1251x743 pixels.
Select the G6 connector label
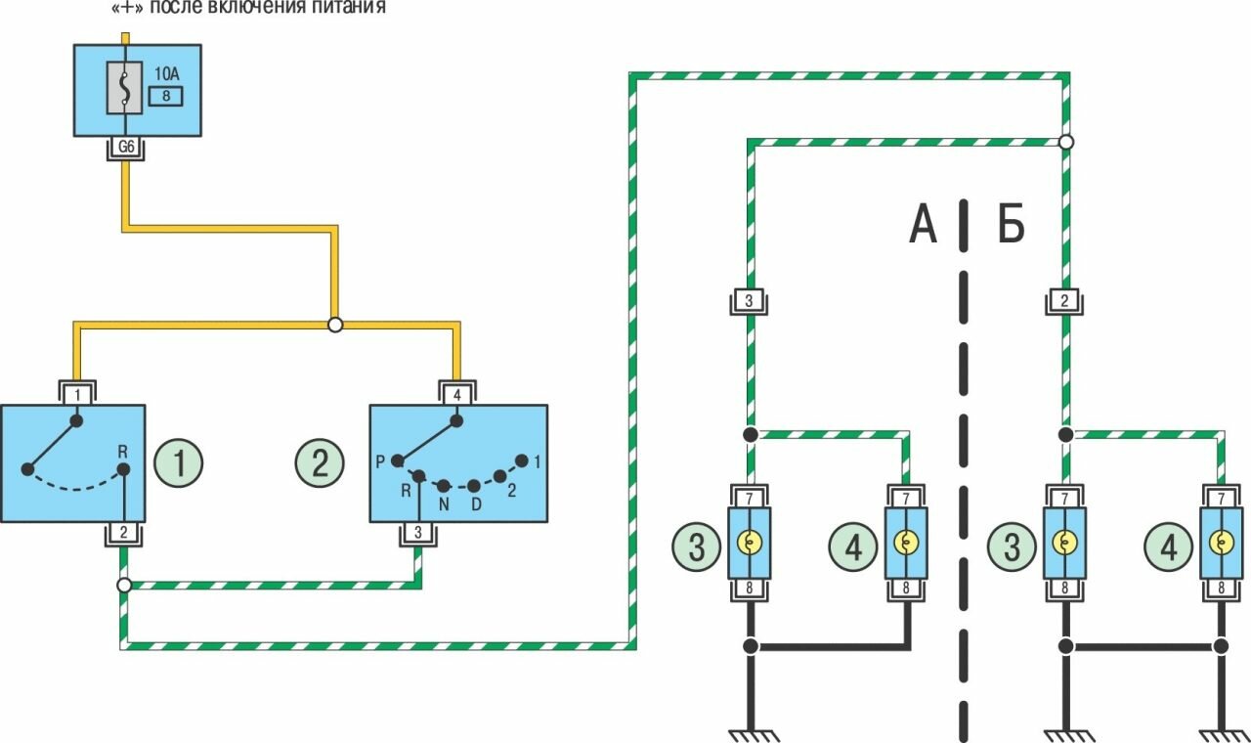click(125, 149)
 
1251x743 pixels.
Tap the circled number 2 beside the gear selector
click(320, 462)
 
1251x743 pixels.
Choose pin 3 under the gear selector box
click(418, 533)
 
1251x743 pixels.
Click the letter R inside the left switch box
click(123, 452)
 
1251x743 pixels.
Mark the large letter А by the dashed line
click(923, 226)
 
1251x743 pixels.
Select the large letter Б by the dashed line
click(1011, 226)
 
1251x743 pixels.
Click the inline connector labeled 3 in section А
click(749, 301)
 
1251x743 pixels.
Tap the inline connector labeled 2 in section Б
click(1063, 301)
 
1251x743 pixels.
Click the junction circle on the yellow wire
click(335, 325)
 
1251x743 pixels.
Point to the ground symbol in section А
click(749, 731)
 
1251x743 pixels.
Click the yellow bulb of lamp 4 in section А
click(906, 543)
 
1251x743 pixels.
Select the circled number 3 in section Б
click(1012, 546)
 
